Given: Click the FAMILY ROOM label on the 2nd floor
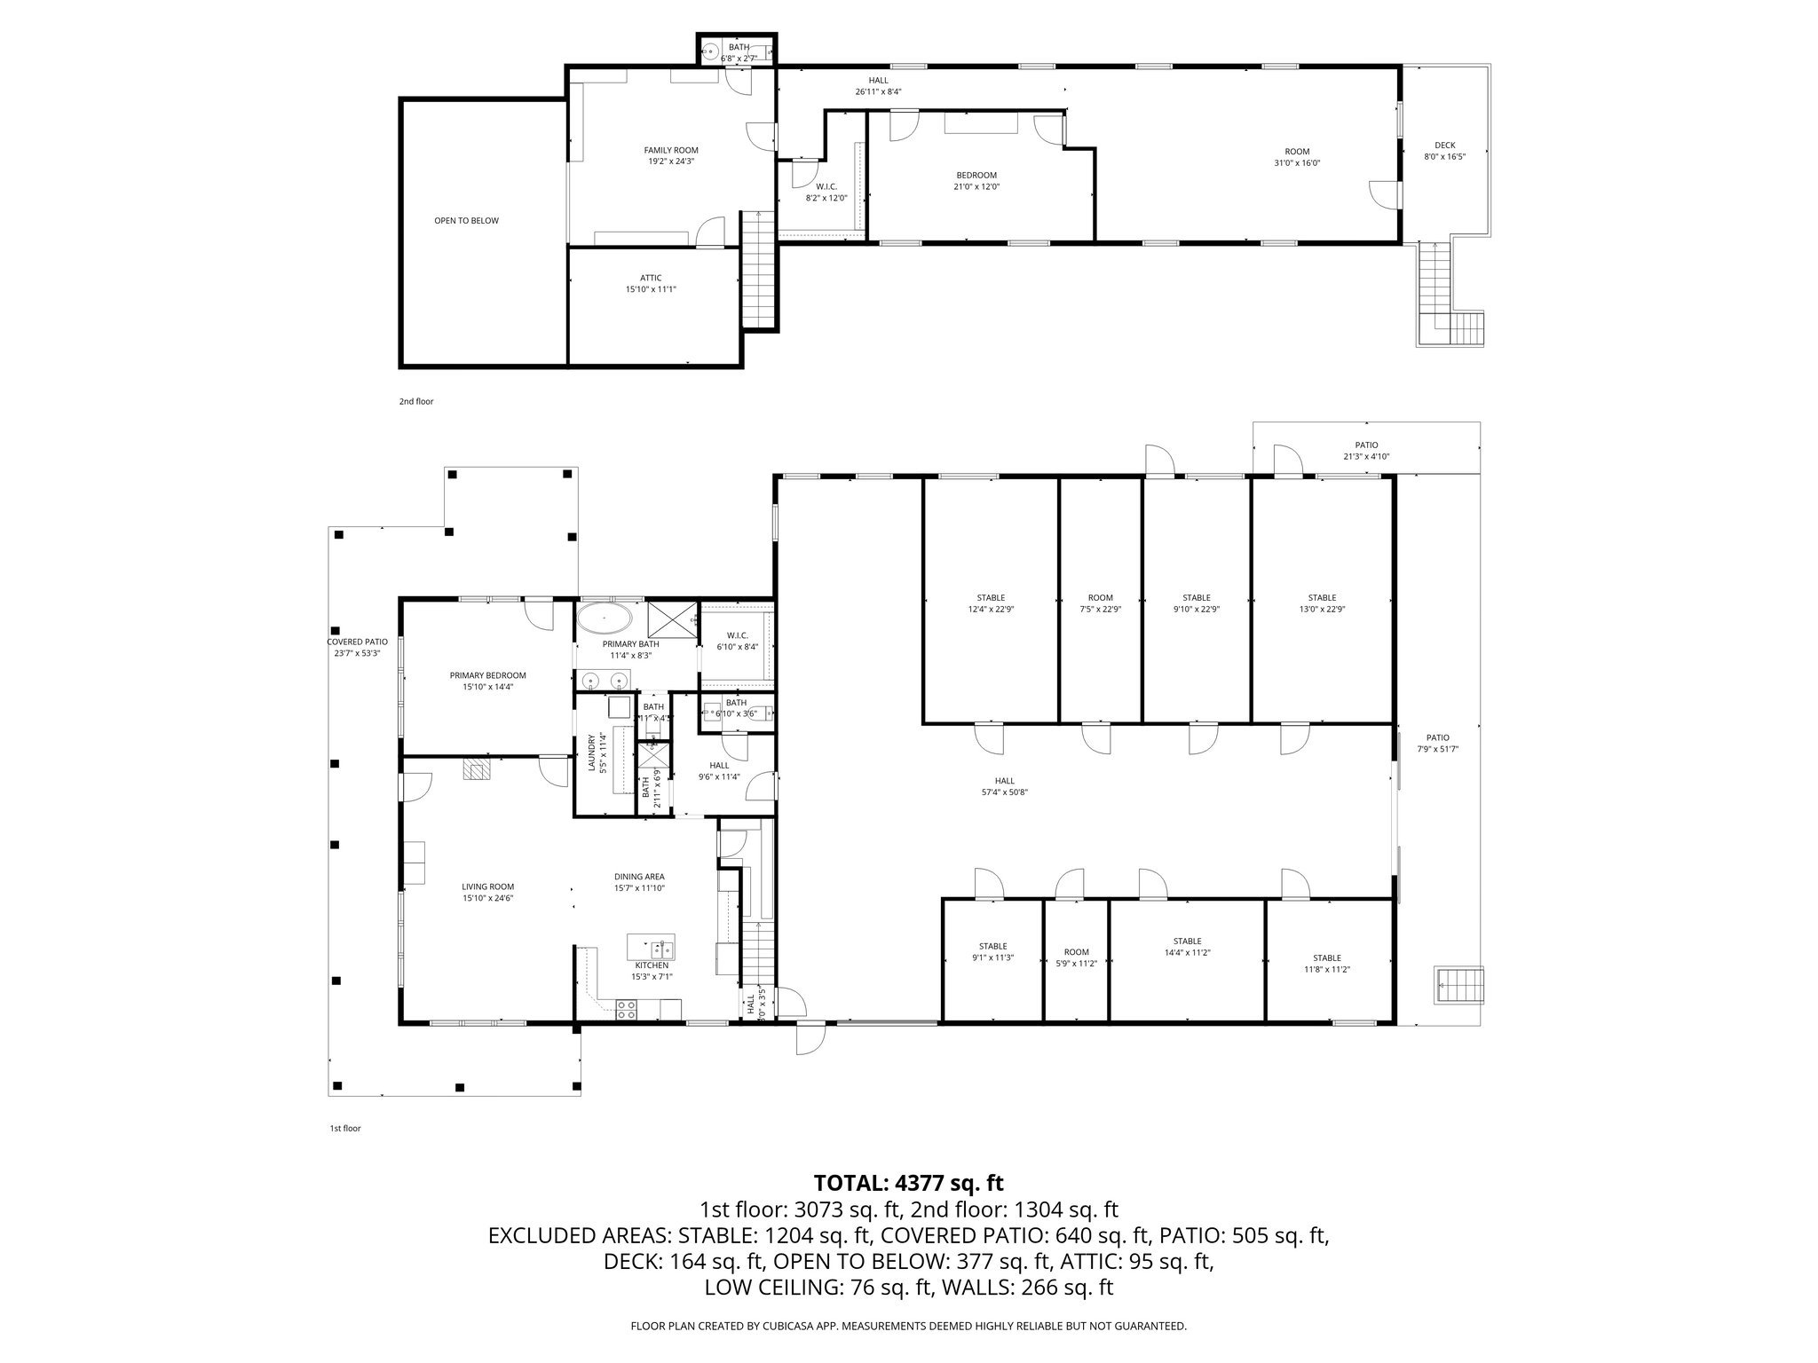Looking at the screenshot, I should coord(670,150).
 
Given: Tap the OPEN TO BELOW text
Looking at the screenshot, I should coord(466,220).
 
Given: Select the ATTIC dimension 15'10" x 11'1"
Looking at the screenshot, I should coord(651,289).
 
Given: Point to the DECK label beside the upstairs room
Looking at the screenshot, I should coord(1444,146).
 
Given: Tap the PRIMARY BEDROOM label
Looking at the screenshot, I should coord(487,675).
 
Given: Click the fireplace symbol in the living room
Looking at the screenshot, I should coord(476,769).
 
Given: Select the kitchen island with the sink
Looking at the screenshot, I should coord(651,947).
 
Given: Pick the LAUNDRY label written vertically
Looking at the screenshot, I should coord(592,752).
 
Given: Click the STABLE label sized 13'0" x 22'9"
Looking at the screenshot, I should coord(1321,598).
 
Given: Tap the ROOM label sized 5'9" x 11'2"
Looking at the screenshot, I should coord(1076,952).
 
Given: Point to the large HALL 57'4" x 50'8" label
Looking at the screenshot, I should coord(1004,781).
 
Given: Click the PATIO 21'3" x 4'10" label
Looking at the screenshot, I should coord(1366,445).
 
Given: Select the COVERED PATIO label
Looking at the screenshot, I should coord(357,642).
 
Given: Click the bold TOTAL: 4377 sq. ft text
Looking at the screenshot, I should coord(908,1183).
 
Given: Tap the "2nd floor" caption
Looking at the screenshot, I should coord(415,402).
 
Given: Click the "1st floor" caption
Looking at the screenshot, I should coord(344,1129).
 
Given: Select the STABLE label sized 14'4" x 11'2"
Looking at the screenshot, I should coord(1187,941).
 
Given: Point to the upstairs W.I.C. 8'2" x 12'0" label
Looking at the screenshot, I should coord(826,186).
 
